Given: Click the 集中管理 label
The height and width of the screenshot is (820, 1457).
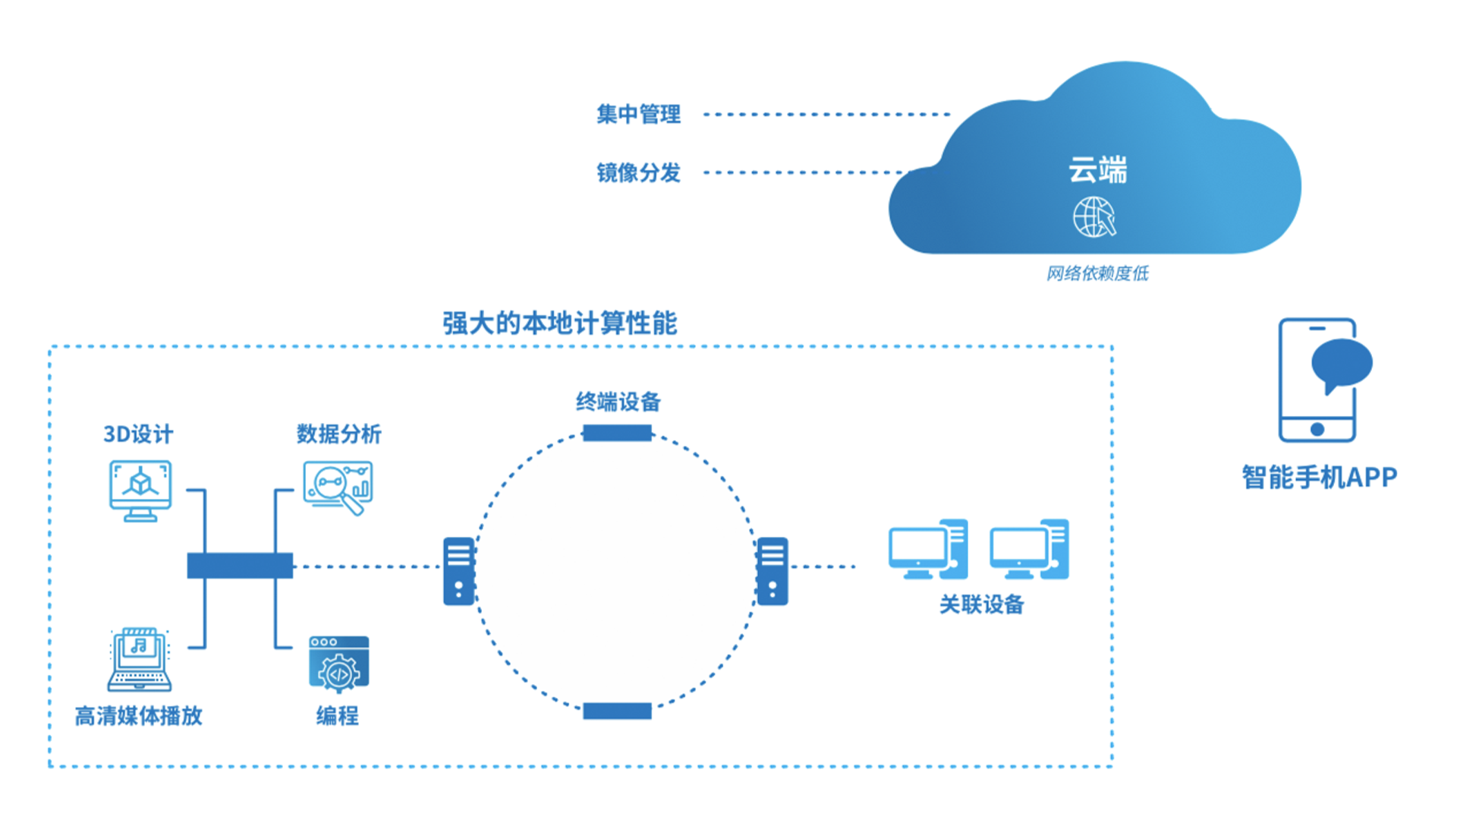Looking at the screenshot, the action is tap(638, 115).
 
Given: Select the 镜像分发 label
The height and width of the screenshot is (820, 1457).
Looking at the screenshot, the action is tap(638, 173).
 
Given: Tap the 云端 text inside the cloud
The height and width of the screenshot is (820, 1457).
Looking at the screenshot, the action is tap(1097, 169).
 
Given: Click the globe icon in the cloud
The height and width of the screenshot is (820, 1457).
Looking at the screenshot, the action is tap(1094, 217).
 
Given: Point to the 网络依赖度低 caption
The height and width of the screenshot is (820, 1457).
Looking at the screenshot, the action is tap(1097, 273).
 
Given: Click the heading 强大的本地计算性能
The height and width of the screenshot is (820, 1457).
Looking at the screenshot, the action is tap(560, 323).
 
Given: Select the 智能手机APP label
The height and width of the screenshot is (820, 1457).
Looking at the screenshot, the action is tap(1320, 478).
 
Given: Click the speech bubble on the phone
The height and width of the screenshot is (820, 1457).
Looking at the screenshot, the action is tap(1342, 365).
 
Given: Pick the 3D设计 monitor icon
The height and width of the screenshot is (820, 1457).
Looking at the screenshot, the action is tap(140, 490).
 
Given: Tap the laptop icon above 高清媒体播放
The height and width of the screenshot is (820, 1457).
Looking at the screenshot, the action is tap(139, 659).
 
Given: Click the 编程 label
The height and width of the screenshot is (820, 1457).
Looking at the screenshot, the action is tap(338, 716).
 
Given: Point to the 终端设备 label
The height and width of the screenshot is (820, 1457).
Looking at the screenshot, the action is tap(618, 402).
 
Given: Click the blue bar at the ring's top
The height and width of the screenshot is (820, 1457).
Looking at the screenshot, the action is tap(617, 433).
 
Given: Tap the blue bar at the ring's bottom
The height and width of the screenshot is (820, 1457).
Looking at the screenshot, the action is tap(617, 711).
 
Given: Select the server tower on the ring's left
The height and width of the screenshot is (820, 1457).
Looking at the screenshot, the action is tap(459, 571).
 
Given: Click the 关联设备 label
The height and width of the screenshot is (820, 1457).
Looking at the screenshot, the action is tap(982, 604).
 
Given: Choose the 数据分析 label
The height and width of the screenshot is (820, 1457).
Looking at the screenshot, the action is tap(338, 434).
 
